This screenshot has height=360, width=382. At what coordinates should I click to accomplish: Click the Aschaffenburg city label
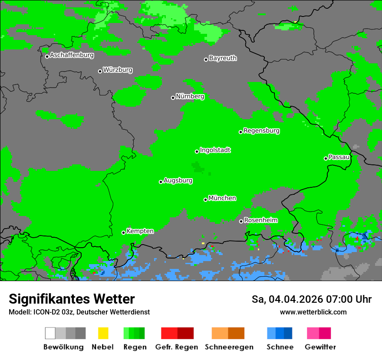click(72, 55)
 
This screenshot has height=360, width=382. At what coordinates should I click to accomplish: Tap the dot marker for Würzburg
click(100, 71)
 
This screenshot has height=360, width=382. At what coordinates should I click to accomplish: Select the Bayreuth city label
click(223, 58)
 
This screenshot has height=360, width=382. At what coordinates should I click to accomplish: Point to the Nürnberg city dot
click(173, 98)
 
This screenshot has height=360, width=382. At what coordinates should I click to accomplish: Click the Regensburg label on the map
click(261, 131)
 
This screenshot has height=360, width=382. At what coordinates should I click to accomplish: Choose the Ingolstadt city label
click(215, 150)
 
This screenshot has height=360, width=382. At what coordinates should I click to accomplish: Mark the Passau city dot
click(326, 158)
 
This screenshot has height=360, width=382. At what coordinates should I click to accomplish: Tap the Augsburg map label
click(178, 180)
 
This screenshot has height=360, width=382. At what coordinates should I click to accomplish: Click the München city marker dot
click(205, 200)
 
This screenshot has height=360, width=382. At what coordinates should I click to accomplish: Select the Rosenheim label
click(260, 220)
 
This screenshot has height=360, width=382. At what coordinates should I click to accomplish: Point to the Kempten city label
click(140, 231)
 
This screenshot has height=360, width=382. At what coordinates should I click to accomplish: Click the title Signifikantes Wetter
click(72, 299)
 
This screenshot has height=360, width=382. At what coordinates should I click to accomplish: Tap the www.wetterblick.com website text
click(313, 312)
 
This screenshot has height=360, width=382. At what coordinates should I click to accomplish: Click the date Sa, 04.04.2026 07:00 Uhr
click(311, 299)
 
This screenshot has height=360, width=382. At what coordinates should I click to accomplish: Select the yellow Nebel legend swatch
click(103, 333)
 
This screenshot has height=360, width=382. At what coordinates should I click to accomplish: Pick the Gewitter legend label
click(320, 347)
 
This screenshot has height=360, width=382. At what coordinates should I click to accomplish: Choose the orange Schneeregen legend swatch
click(220, 333)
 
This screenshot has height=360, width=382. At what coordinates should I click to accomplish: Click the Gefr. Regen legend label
click(176, 347)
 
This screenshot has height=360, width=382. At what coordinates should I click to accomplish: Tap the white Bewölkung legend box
click(50, 333)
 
